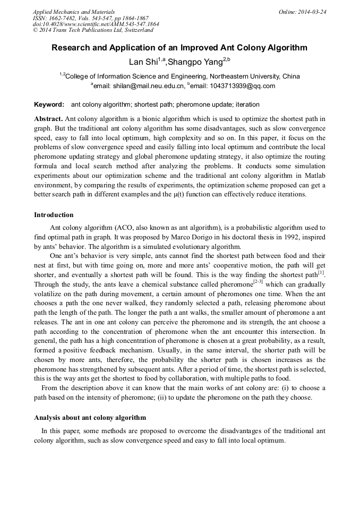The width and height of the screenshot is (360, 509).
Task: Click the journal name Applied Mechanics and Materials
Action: click(x=74, y=12)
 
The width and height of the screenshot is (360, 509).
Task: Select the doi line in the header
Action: click(x=96, y=24)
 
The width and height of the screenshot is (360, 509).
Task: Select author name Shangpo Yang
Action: click(x=195, y=62)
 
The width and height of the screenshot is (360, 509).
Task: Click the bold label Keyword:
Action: click(x=49, y=105)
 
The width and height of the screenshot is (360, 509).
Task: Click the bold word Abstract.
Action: click(x=48, y=118)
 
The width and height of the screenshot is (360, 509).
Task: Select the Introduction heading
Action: click(x=54, y=215)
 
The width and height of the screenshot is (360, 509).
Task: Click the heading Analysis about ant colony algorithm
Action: click(x=90, y=418)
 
